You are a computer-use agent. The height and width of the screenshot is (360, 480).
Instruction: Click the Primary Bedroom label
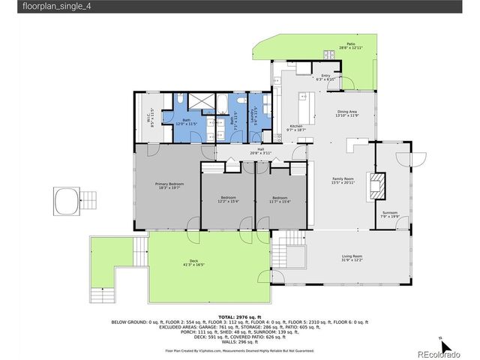(169, 185)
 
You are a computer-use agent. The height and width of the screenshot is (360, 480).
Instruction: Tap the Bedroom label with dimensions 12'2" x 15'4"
(227, 199)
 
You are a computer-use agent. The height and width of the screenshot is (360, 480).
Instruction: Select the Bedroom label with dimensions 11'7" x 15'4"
(280, 199)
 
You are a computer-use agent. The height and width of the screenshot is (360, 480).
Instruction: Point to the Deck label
(193, 263)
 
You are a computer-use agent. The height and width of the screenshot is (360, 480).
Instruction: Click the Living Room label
(352, 258)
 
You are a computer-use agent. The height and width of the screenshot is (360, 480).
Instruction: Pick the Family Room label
(343, 180)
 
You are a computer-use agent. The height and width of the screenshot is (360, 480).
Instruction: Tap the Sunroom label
(390, 214)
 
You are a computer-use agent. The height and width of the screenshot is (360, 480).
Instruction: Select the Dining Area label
(346, 114)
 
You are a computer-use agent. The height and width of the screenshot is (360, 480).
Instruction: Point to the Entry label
(325, 77)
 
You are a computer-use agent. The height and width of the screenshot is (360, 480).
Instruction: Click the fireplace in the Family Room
(379, 184)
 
